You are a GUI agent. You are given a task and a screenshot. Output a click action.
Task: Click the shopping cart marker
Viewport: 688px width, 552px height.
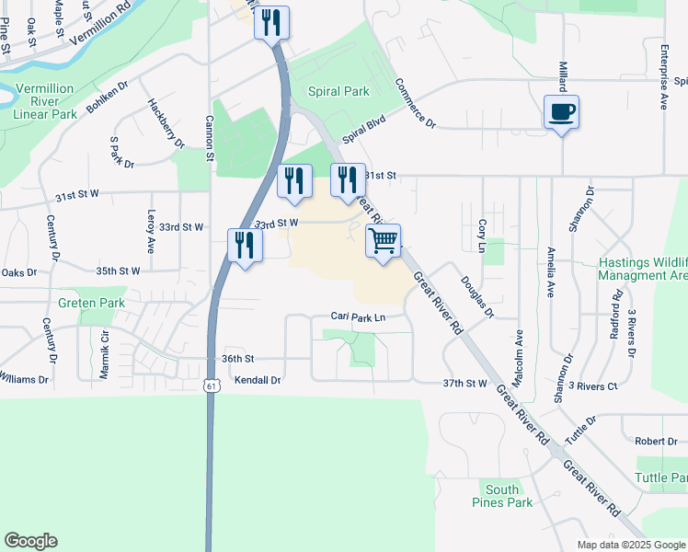[384, 241]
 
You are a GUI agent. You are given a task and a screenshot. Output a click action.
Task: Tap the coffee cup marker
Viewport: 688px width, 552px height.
[561, 112]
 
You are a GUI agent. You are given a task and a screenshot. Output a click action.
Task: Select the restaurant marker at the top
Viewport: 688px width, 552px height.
[271, 23]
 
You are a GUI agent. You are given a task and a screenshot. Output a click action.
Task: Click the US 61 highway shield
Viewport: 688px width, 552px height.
[212, 385]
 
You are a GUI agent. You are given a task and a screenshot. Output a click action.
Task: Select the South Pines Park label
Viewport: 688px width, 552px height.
[509, 496]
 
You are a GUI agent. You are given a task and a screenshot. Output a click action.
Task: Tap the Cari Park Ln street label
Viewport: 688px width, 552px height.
[358, 317]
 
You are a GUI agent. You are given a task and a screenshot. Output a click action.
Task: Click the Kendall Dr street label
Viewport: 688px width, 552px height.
[257, 379]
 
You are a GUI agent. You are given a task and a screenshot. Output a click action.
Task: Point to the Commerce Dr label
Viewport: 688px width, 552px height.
[416, 103]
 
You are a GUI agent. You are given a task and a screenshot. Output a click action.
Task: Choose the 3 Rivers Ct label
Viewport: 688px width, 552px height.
[593, 385]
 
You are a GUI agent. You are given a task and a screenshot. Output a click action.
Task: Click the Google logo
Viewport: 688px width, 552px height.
[30, 541]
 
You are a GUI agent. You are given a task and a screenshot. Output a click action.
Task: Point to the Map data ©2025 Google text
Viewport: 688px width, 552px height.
[630, 545]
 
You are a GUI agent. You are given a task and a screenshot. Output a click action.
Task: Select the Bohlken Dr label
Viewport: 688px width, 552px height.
[108, 97]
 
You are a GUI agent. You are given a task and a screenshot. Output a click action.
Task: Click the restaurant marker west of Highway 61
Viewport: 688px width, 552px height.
[245, 245]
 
